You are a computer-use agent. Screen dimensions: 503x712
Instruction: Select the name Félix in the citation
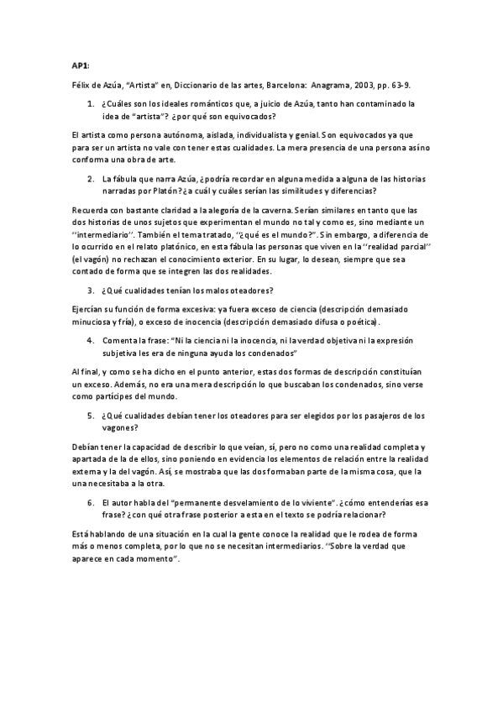tap(80, 85)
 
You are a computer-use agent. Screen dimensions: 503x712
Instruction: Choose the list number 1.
tap(91, 104)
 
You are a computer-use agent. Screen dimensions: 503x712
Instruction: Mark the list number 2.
tap(91, 179)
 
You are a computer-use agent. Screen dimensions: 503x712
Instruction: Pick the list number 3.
tap(91, 291)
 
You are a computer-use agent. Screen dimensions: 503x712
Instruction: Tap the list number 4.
tap(91, 341)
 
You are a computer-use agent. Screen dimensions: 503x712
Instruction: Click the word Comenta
tap(119, 341)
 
